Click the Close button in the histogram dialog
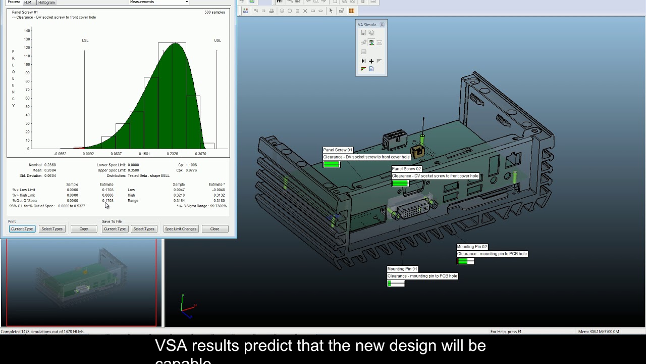point(214,229)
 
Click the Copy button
point(83,229)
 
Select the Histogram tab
point(46,3)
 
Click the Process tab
point(14,3)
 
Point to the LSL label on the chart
point(85,40)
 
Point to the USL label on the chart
point(218,40)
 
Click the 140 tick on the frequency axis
point(27,31)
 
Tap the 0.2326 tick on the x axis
point(173,154)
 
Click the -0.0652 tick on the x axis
point(60,154)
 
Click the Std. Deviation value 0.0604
point(50,176)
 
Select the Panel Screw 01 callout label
point(338,150)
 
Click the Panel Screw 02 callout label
point(406,169)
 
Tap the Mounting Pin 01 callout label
point(402,269)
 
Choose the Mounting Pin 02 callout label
point(472,247)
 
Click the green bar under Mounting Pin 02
point(463,261)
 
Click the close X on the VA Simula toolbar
point(382,25)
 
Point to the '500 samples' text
point(214,12)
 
